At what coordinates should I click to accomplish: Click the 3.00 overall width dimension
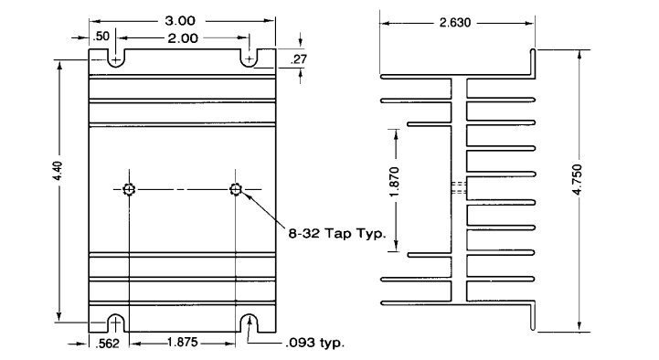184,20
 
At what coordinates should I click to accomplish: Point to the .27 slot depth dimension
298,59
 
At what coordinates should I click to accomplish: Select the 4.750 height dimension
578,190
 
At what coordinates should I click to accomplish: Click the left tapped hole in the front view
130,190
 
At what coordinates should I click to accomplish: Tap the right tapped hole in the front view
236,190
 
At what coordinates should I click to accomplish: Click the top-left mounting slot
115,58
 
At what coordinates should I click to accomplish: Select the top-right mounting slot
250,58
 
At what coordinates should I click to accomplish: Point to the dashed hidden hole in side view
459,190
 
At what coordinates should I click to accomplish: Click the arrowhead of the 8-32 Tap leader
244,196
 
